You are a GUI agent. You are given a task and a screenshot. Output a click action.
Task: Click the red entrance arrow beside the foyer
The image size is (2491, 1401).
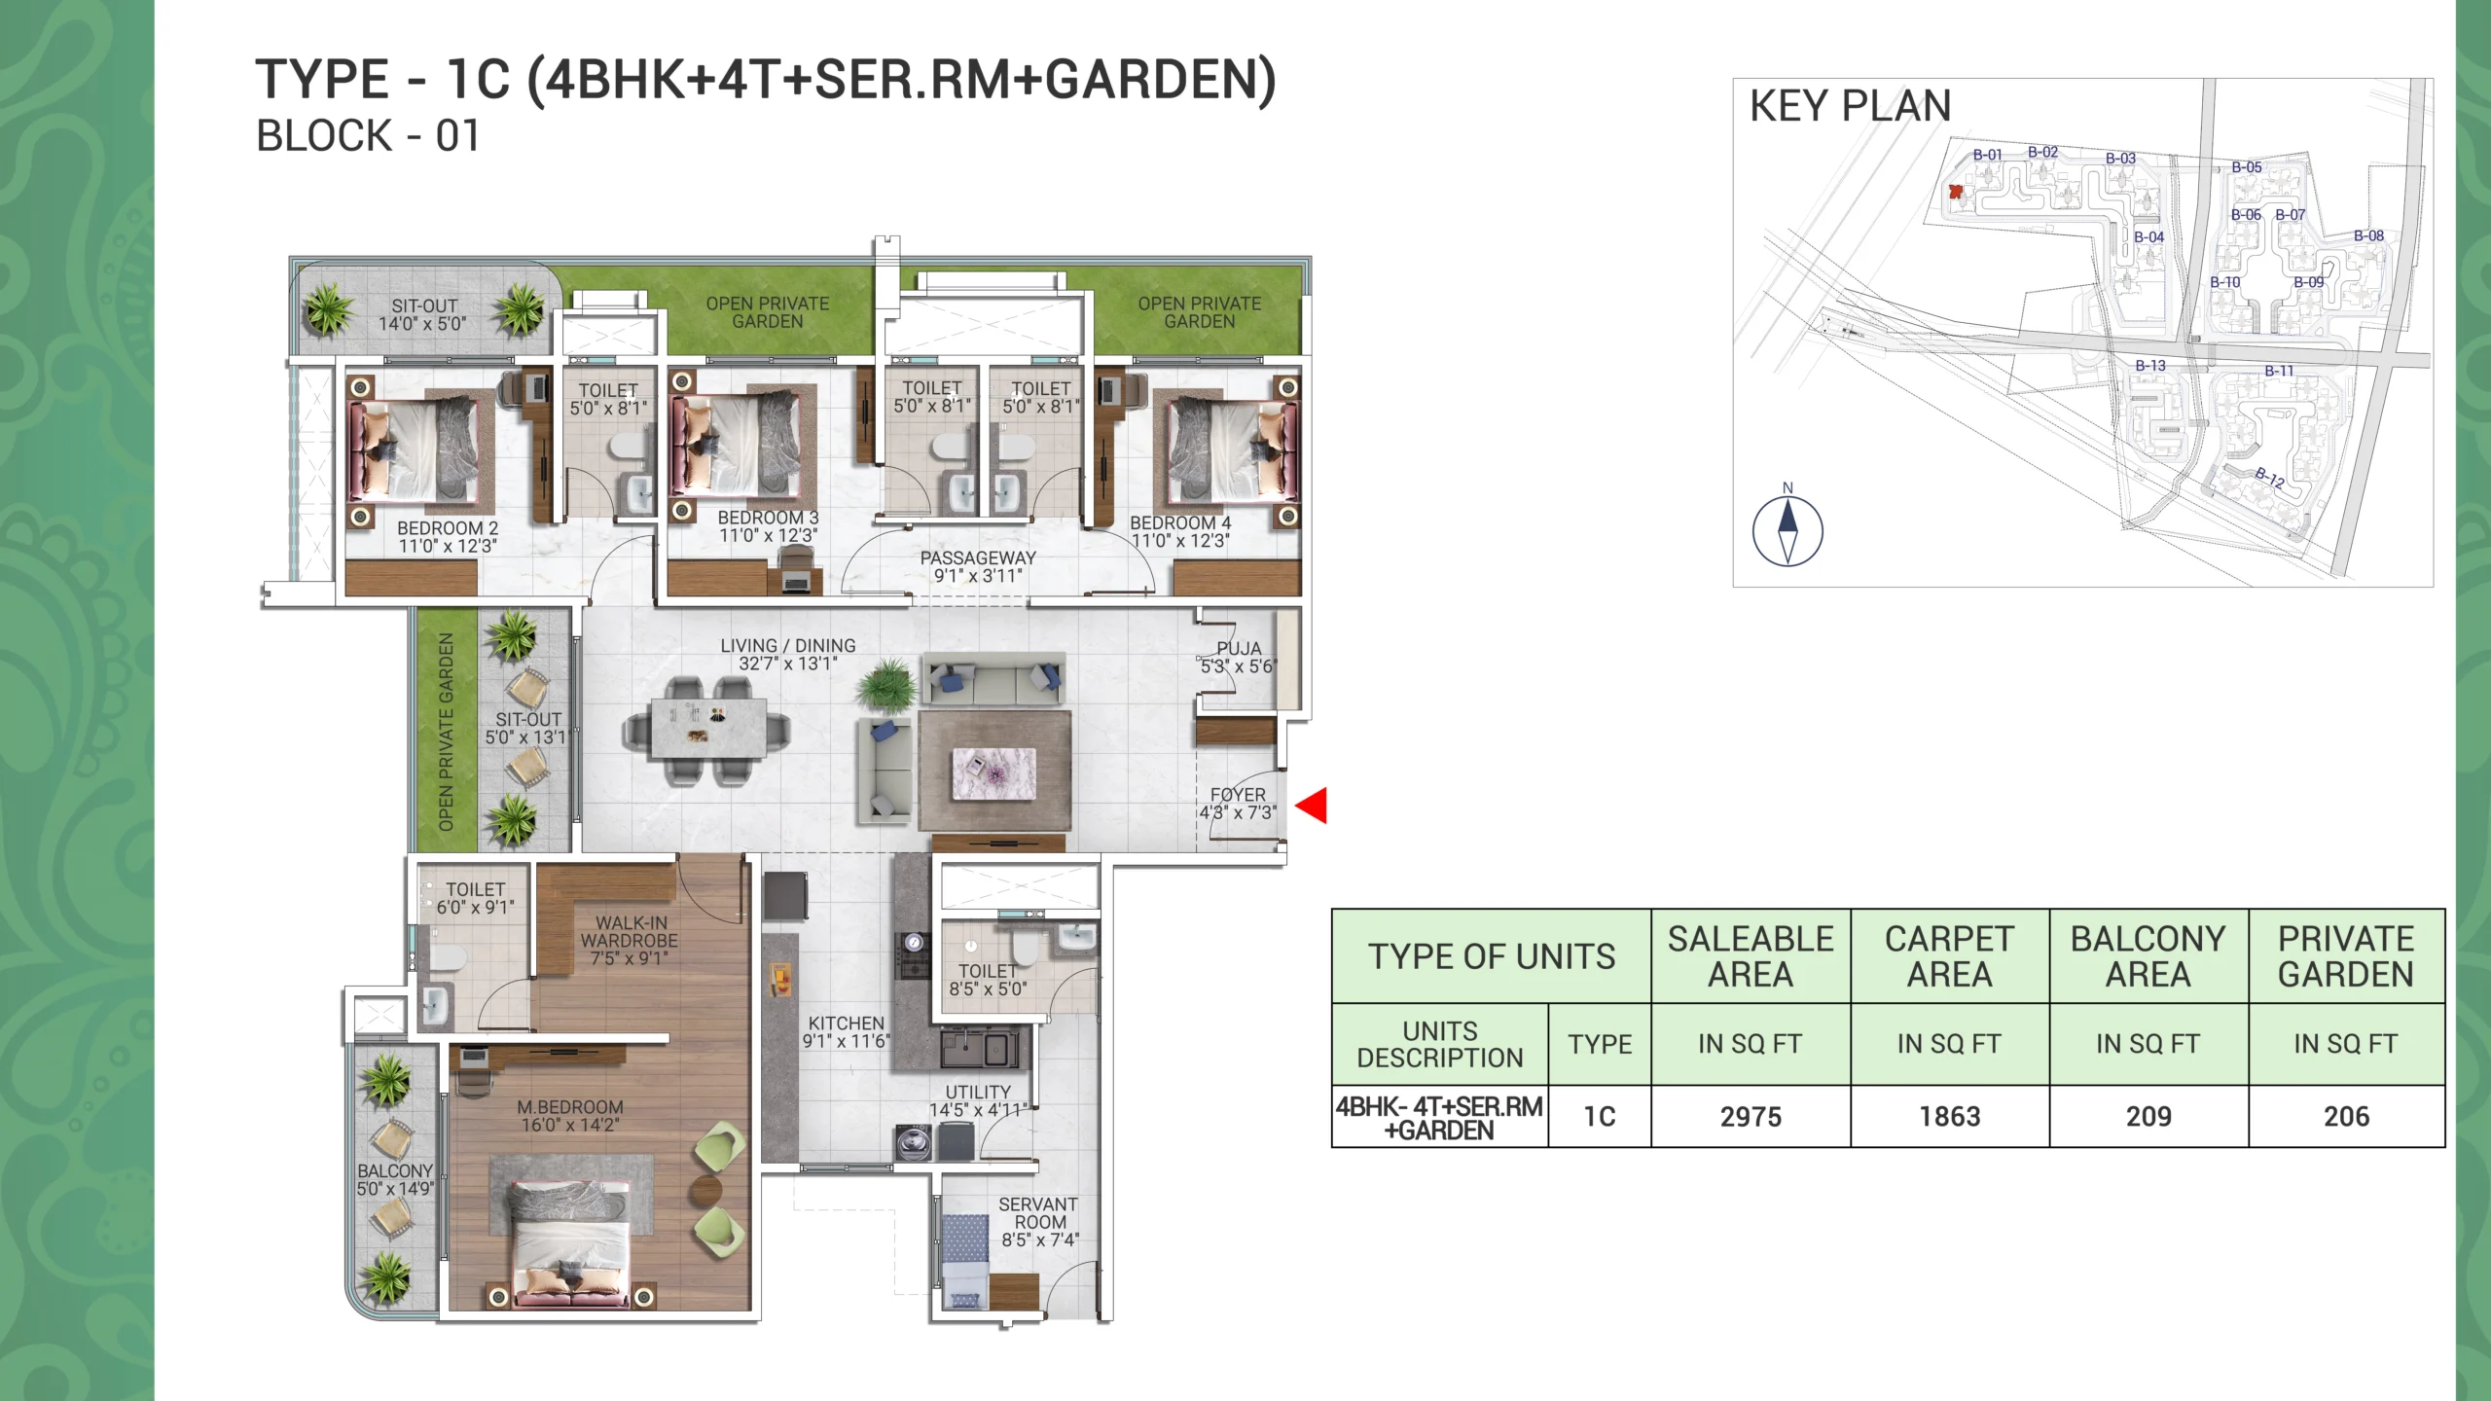tap(1313, 806)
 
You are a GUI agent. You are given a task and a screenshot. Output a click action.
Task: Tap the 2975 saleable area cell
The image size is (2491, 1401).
tap(1751, 1116)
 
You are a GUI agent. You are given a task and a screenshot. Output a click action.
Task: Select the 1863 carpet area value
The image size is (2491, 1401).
tap(1950, 1116)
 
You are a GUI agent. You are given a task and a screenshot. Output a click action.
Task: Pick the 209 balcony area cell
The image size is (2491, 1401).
tap(2148, 1116)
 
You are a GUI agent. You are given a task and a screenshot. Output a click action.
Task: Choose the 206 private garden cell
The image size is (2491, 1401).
tap(2346, 1116)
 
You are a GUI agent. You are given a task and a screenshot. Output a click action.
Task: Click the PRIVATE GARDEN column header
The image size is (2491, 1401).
tap(2346, 956)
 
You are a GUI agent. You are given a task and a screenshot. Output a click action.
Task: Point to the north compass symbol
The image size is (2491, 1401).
tap(1787, 530)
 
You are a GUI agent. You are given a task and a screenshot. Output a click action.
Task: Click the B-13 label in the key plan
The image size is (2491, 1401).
tap(2150, 366)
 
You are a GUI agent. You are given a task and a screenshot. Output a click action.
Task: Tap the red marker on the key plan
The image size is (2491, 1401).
tap(1955, 192)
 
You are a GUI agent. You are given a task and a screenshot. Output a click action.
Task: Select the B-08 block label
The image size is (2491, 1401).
tap(2368, 235)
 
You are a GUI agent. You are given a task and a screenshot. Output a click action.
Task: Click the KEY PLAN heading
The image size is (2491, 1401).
tap(1850, 105)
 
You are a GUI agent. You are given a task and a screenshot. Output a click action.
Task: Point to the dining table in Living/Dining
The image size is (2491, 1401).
tap(705, 730)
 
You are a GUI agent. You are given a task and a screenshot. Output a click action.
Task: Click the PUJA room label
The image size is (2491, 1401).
tap(1239, 648)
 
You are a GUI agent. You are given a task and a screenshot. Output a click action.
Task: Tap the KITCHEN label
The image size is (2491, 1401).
tap(847, 1024)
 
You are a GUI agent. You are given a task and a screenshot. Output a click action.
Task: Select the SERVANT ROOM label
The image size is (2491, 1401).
tap(1039, 1213)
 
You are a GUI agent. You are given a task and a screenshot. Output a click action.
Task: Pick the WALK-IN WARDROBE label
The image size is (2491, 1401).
tap(630, 932)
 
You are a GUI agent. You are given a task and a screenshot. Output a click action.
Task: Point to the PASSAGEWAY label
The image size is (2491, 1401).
tap(978, 557)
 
